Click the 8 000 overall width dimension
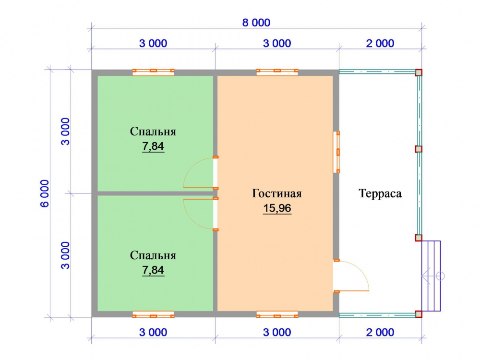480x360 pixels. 256,23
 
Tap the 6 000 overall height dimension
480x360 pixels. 45,193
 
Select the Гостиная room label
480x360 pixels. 277,193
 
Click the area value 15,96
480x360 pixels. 277,208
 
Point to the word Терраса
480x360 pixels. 380,193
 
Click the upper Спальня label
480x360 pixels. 153,132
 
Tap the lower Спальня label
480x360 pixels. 153,255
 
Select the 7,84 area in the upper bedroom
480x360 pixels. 153,146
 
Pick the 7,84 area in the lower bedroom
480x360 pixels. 153,270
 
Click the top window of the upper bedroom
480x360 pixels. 154,72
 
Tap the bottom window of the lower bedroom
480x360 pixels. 154,314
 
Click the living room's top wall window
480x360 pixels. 277,72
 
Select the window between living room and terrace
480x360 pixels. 336,152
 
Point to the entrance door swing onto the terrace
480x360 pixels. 361,273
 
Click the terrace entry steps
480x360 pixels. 431,276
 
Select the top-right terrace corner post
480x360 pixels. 419,72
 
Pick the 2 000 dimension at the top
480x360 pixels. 380,44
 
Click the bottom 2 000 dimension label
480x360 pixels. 380,333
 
